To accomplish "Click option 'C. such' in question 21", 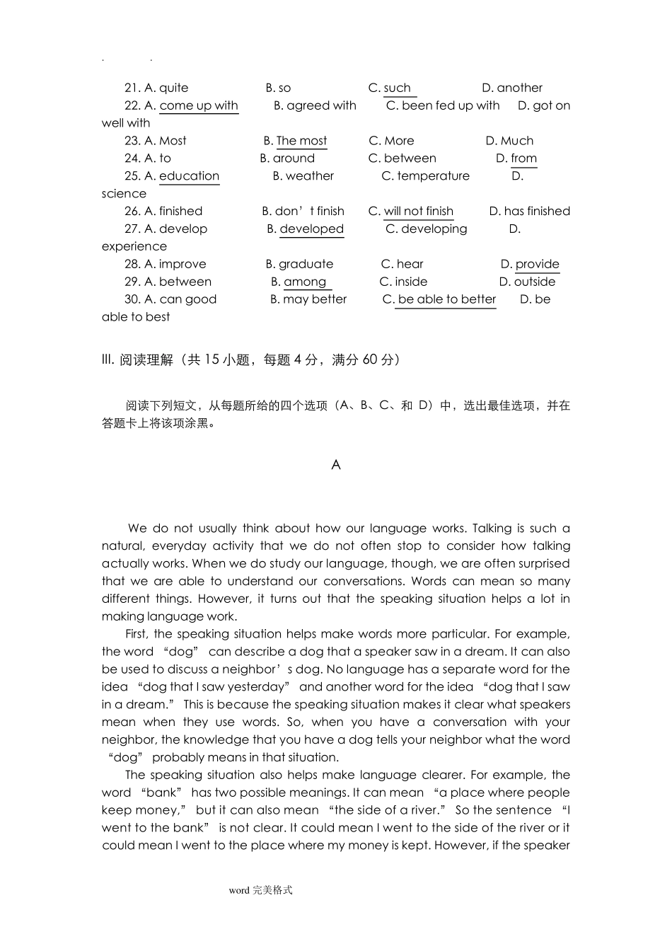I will click(390, 88).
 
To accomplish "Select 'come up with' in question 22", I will click(199, 105).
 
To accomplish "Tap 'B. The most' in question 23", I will click(295, 141).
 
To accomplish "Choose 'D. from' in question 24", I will click(516, 158).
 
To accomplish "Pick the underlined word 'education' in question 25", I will click(189, 176).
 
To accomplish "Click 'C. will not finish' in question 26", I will click(411, 211).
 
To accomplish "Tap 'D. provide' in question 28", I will click(530, 264).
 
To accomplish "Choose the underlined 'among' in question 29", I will click(305, 282).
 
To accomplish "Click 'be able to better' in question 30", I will click(446, 299).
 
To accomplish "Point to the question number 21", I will click(132, 88).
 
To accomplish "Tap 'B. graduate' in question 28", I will click(299, 264).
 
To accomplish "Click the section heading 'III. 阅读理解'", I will click(138, 359).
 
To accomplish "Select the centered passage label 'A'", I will click(336, 465).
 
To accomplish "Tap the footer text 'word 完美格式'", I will click(260, 890).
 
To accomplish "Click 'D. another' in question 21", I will click(512, 88).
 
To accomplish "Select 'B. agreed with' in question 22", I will click(315, 105).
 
